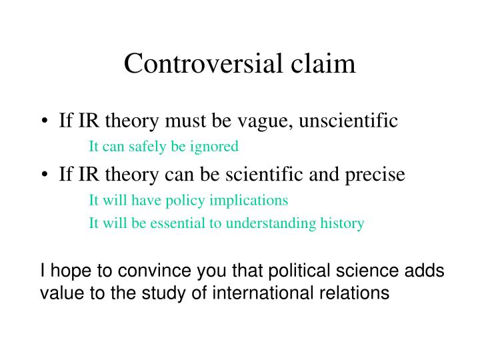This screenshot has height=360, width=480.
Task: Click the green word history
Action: coord(344,223)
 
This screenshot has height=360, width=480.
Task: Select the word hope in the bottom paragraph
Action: coord(66,271)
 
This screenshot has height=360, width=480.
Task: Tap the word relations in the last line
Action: coord(360,292)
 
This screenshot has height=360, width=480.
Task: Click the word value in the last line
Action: coord(58,292)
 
